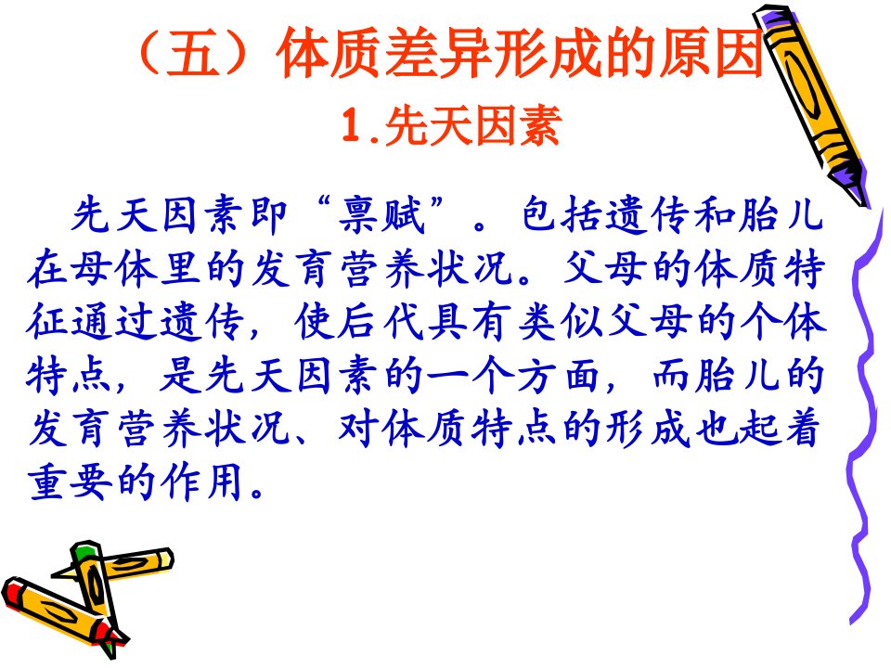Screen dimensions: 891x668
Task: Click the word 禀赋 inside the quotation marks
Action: tap(382, 215)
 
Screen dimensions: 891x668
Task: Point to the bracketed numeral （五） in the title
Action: tap(193, 53)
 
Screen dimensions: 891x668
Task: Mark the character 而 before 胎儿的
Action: tap(670, 376)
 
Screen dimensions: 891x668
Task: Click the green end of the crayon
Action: tap(84, 551)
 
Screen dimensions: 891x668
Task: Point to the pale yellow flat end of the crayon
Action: tap(165, 559)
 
